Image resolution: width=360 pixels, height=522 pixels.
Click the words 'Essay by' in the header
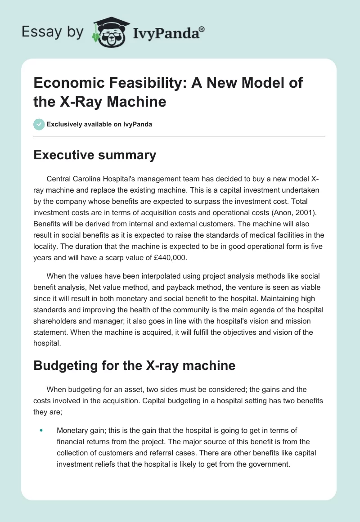(52, 32)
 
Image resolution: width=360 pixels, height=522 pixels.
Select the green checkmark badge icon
(39, 124)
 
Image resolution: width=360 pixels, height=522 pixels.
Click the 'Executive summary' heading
(94, 155)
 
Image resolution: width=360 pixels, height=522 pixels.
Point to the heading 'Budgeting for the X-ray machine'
(135, 365)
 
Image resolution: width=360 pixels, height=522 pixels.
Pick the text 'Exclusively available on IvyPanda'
(99, 124)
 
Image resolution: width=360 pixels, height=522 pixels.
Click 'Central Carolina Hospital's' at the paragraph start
(85, 179)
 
